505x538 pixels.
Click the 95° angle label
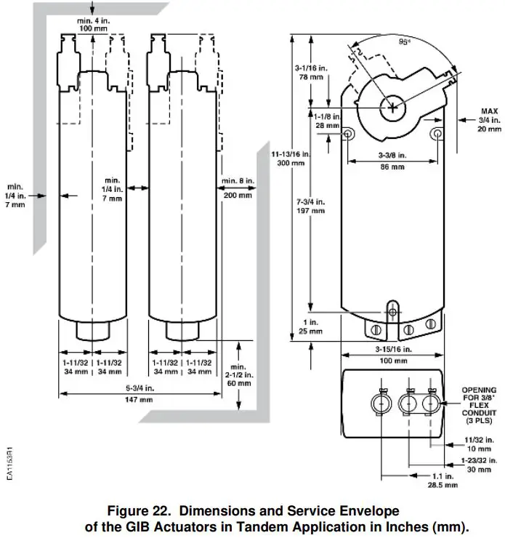[x=405, y=42]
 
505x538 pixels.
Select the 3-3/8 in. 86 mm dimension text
[x=392, y=161]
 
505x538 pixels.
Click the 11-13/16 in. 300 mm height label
[x=290, y=158]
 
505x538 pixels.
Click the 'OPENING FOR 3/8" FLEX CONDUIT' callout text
[x=480, y=405]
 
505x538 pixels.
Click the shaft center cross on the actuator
[x=392, y=108]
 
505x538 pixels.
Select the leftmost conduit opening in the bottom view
[x=381, y=402]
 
